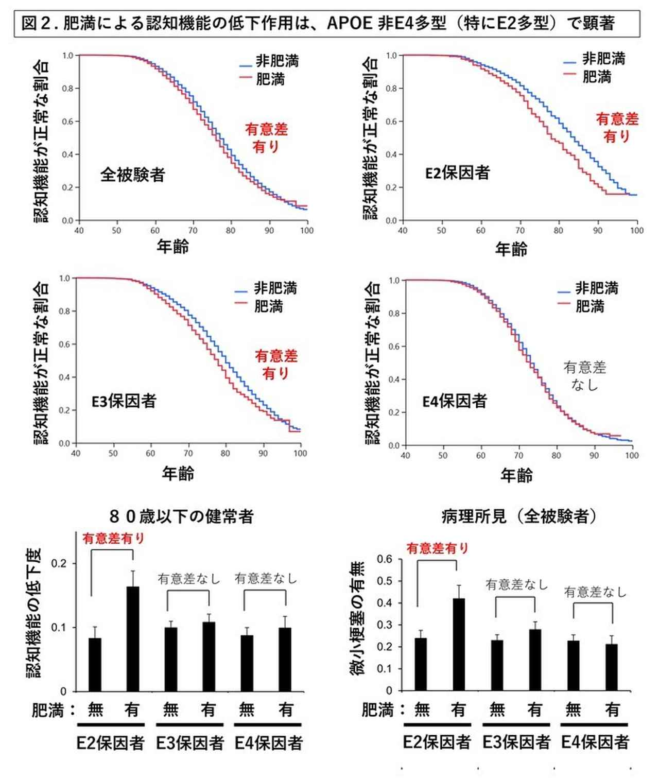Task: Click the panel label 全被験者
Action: click(x=132, y=175)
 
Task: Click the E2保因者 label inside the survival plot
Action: click(x=457, y=173)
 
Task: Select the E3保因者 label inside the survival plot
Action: click(x=124, y=401)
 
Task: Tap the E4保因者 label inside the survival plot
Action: click(x=455, y=401)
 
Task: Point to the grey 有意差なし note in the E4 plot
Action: click(x=585, y=375)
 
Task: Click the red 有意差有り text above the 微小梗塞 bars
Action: click(x=438, y=548)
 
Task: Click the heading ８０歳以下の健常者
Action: click(x=181, y=516)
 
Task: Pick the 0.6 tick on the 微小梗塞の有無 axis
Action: click(x=385, y=559)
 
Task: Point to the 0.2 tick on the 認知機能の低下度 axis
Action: click(x=59, y=563)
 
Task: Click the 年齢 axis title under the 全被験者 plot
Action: click(x=172, y=247)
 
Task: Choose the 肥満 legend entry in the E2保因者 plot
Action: click(x=597, y=77)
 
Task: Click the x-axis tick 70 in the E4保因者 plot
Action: click(x=518, y=456)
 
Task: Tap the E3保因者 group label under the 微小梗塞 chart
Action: click(x=516, y=742)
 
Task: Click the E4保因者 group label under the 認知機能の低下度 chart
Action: click(x=269, y=743)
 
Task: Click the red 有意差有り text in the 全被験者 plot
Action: click(x=266, y=137)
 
